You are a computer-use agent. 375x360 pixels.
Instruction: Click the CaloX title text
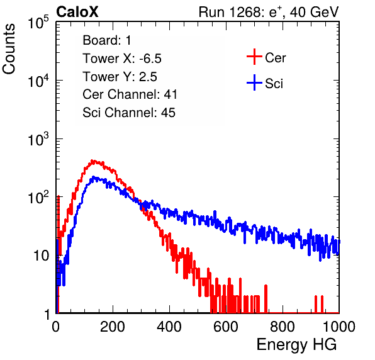click(77, 12)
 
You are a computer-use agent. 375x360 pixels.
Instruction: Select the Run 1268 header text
click(269, 12)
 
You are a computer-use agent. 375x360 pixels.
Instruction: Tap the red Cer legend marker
click(254, 57)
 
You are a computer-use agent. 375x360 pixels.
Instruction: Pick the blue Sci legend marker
click(254, 82)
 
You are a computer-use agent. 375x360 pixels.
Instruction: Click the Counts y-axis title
click(9, 49)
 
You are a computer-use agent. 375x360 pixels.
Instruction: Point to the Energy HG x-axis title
click(296, 344)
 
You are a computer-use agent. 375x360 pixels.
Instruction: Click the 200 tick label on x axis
click(113, 327)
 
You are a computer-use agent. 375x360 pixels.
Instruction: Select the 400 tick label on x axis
click(169, 327)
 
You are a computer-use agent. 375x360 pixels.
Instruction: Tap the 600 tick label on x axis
click(226, 327)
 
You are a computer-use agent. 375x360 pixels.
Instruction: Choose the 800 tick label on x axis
click(283, 327)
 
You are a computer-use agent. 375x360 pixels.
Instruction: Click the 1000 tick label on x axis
click(339, 327)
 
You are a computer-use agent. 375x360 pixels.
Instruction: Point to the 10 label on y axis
click(41, 256)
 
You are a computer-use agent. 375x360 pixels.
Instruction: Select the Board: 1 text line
click(107, 40)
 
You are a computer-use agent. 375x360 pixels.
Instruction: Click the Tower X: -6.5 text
click(122, 59)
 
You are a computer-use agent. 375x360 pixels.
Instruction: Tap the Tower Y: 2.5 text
click(120, 77)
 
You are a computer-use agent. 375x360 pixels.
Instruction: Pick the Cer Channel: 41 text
click(130, 94)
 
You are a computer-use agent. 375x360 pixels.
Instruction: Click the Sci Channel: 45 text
click(129, 113)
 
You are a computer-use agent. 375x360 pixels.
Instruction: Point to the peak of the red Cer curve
click(92, 160)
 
